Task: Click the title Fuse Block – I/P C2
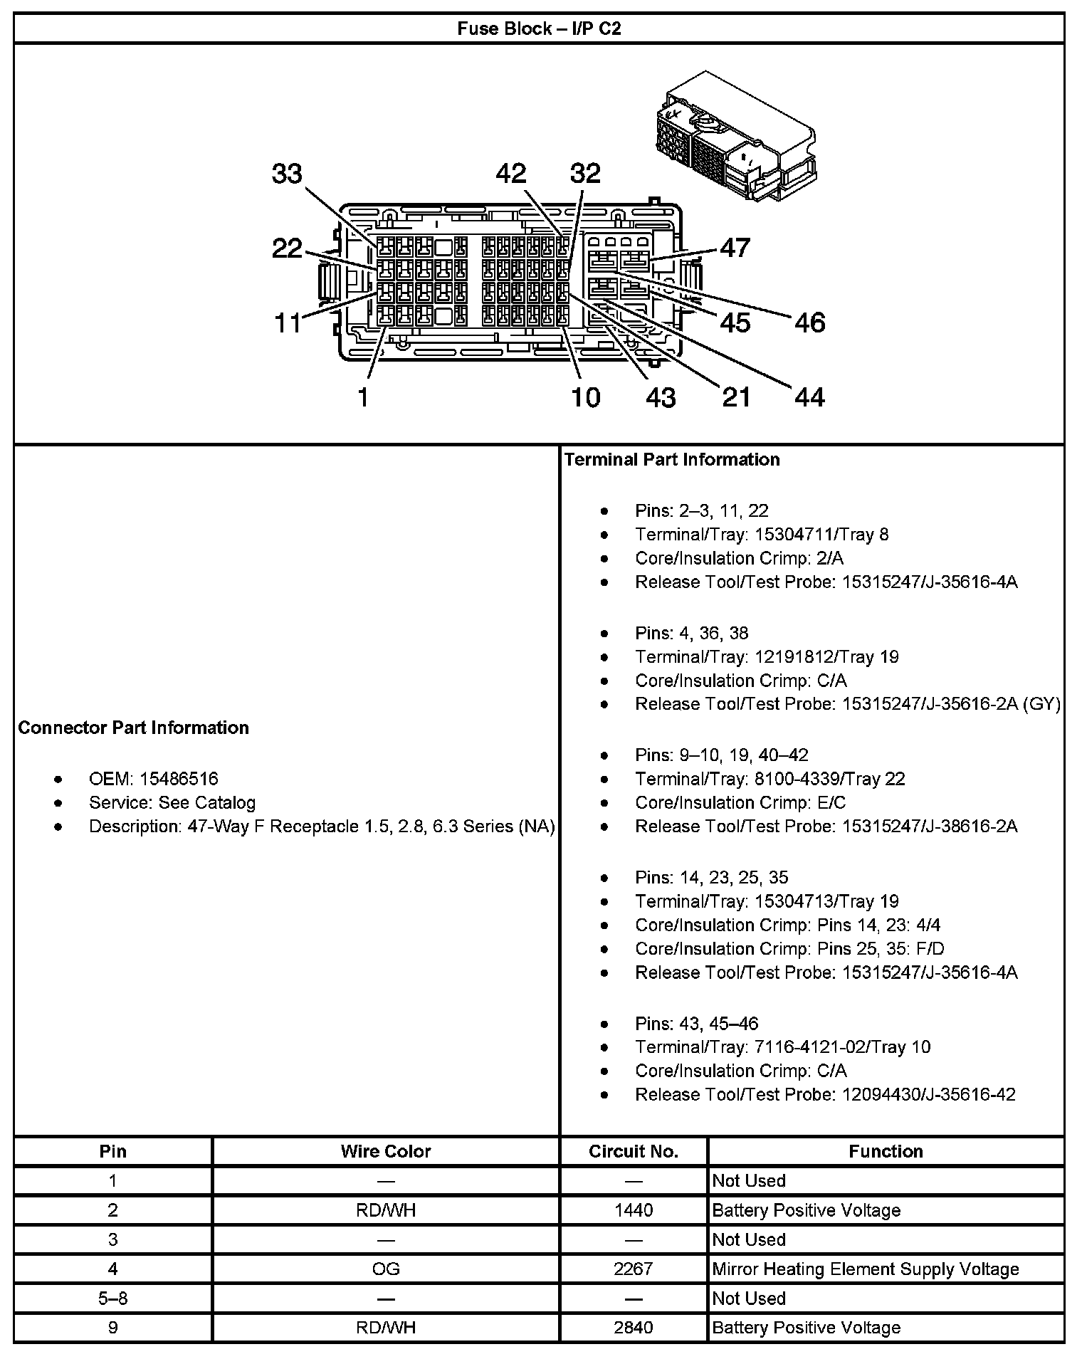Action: tap(539, 28)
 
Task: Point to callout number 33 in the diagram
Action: tap(287, 174)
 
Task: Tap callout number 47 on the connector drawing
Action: tap(735, 248)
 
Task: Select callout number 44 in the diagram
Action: tap(809, 397)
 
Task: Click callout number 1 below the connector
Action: tap(364, 397)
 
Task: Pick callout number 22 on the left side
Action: tap(287, 248)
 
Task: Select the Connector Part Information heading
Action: tap(133, 728)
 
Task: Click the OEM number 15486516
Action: tap(179, 779)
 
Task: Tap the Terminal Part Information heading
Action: tap(671, 460)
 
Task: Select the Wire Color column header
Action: tap(386, 1151)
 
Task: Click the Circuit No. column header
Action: tap(633, 1151)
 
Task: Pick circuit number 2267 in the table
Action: tap(633, 1269)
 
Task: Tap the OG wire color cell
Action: tap(386, 1269)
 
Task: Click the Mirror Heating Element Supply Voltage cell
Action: tap(865, 1269)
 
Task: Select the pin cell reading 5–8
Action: tap(112, 1298)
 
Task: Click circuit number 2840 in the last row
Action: tap(633, 1327)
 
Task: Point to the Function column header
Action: tap(886, 1151)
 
